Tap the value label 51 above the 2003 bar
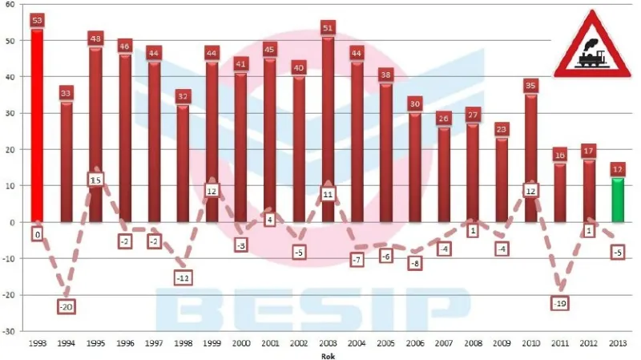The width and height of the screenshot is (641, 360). pos(328,27)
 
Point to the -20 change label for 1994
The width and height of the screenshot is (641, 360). pos(67,306)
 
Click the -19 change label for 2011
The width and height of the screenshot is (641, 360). pos(560,303)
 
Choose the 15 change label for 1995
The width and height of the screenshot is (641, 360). pos(95,180)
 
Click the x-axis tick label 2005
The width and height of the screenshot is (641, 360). pos(385,343)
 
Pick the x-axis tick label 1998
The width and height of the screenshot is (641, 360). pos(183,343)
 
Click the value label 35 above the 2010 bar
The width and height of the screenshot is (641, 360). pos(530,85)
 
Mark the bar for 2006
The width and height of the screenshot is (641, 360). pos(415,167)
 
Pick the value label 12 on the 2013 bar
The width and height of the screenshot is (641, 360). pos(618,169)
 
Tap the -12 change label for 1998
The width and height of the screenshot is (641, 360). pos(183,277)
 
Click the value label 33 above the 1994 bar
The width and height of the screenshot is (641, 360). pos(67,93)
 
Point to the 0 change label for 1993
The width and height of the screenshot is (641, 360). pos(37,234)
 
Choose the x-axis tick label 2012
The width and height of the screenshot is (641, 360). pos(589,343)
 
